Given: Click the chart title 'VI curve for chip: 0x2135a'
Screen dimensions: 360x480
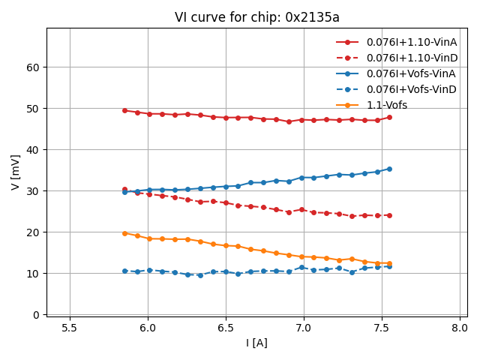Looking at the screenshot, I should pos(257,17).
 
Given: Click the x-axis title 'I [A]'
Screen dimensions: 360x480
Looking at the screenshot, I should pos(257,343).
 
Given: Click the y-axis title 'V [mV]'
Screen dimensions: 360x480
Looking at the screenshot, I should pos(16,172).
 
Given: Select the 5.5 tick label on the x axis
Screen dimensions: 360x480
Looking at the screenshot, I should pos(70,328).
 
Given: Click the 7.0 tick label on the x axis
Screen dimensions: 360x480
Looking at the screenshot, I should pos(304,328).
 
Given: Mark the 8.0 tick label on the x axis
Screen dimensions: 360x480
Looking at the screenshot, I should pos(460,328).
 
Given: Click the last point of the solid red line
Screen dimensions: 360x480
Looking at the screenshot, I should pos(389,117).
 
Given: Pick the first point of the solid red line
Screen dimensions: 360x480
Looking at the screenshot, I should pos(124,110).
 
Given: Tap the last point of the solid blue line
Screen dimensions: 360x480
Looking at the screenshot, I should pos(389,169).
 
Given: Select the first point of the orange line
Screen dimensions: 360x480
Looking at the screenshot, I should pos(124,233).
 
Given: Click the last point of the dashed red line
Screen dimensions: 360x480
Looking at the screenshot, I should pos(389,215).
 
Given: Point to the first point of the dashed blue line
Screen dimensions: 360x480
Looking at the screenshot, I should pos(124,271).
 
